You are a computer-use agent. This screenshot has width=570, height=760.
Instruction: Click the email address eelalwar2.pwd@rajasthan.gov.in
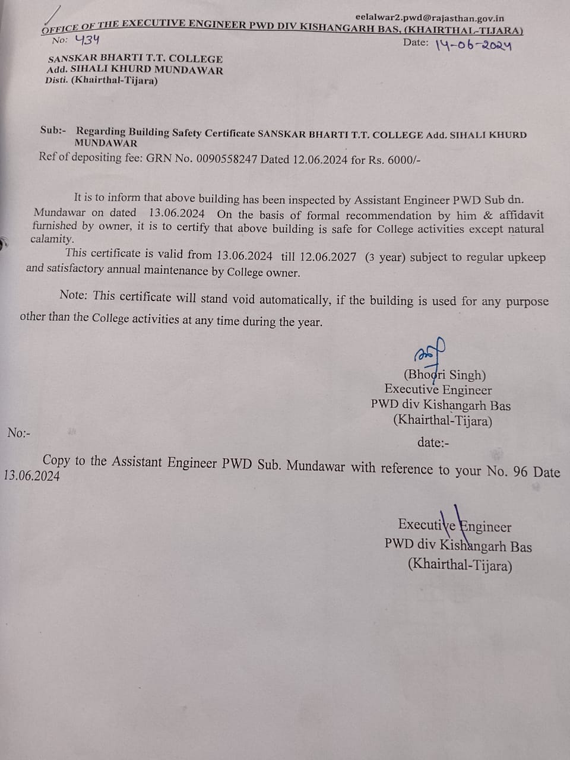(430, 18)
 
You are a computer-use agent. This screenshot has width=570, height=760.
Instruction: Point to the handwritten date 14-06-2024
(473, 45)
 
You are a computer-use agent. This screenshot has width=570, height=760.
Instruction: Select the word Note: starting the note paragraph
(74, 295)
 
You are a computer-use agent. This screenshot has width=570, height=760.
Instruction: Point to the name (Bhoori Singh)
(445, 375)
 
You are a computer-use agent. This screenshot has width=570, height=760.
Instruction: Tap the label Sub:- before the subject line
(53, 130)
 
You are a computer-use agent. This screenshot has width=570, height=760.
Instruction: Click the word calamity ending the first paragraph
(52, 239)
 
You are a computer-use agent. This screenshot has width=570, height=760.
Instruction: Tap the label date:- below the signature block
(433, 442)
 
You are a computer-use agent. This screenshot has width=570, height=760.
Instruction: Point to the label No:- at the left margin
(19, 433)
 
